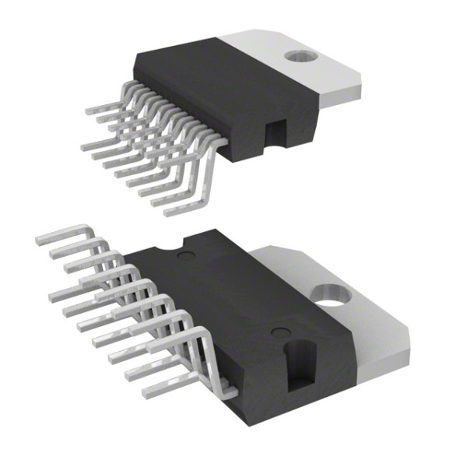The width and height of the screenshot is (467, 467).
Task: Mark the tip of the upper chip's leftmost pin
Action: (87, 111)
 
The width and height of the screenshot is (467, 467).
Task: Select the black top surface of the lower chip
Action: (233, 288)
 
